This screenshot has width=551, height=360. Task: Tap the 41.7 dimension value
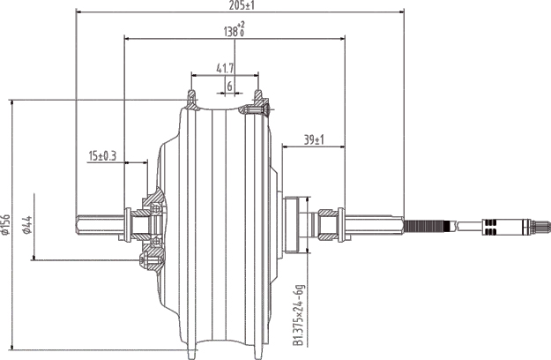point(226,68)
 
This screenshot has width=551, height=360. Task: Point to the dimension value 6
point(229,86)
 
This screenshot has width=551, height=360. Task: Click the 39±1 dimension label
point(314,139)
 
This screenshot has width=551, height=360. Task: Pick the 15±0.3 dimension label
point(103,156)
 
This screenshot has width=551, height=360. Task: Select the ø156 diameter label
point(7,225)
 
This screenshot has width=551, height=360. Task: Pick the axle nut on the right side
point(329,224)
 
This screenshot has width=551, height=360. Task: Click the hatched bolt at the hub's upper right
point(257,110)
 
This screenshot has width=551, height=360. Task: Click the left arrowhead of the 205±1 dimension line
point(80,12)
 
